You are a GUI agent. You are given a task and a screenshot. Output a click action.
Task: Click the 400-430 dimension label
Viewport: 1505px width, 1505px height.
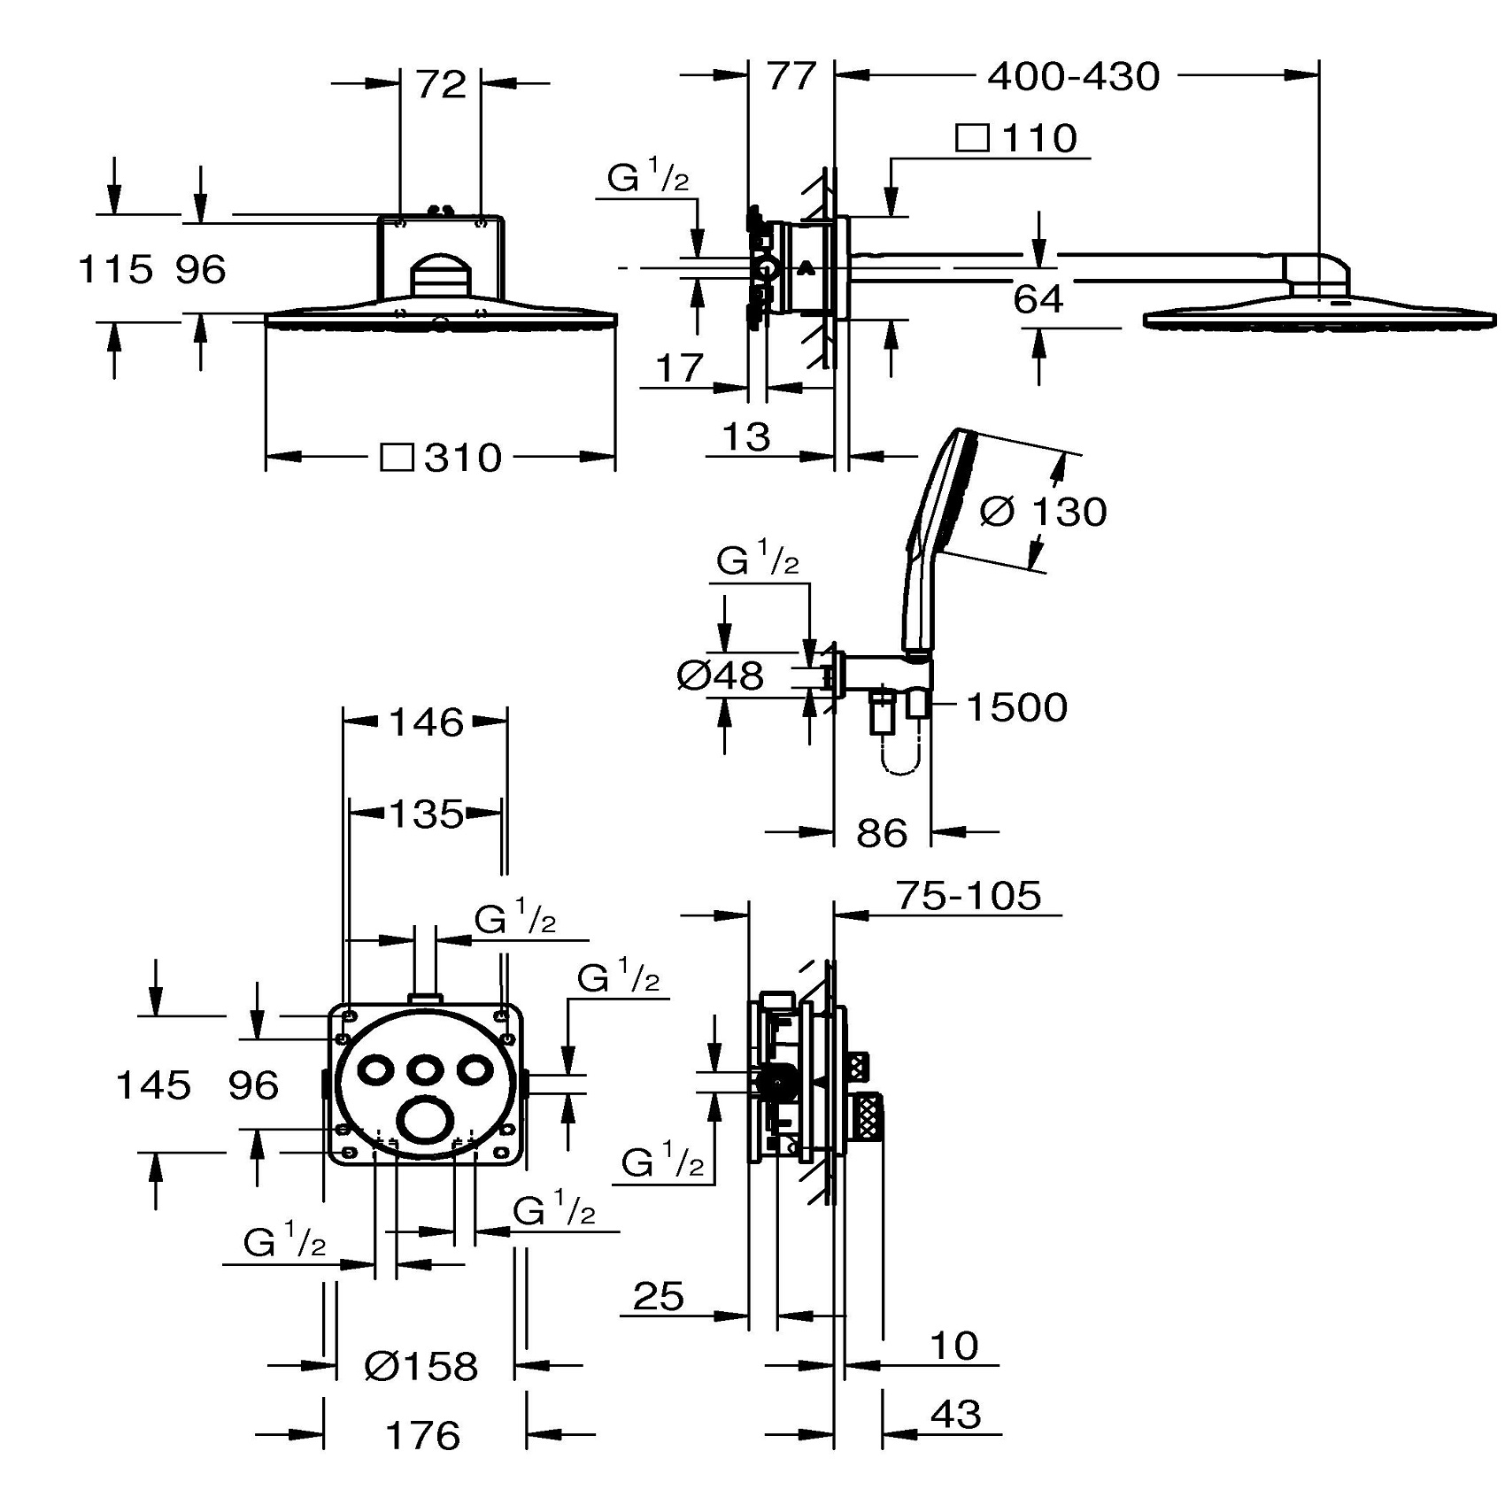(x=1073, y=77)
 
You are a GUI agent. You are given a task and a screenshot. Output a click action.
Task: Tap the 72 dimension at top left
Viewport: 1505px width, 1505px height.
(x=441, y=84)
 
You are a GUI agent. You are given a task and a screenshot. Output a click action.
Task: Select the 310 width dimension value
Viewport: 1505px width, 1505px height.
(x=463, y=458)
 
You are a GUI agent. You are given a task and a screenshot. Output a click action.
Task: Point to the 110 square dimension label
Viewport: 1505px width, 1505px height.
(x=1038, y=138)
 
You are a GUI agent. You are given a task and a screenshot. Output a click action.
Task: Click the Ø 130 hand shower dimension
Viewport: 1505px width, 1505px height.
(x=1044, y=512)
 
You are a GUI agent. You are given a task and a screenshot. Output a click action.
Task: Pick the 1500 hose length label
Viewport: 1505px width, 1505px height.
(x=1016, y=707)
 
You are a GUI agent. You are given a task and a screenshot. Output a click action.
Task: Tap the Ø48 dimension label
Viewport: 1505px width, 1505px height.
(x=720, y=676)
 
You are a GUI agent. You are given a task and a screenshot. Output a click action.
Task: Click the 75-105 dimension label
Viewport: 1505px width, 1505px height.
(x=969, y=896)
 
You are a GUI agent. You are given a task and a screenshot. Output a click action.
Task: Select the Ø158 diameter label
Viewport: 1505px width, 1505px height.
(x=421, y=1366)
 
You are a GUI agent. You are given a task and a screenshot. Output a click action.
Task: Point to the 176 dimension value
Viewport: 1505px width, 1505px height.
(x=423, y=1435)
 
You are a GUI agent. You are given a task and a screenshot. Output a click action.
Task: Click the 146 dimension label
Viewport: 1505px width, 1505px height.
(x=427, y=722)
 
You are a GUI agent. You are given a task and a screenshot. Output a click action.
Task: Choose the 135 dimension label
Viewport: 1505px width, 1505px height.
(x=427, y=814)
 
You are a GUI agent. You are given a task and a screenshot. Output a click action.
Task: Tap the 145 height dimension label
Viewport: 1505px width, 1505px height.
(x=153, y=1084)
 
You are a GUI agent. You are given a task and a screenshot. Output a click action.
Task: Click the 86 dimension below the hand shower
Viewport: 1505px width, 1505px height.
(x=882, y=833)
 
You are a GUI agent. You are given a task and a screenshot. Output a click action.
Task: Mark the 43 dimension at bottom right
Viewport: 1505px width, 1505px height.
(x=956, y=1415)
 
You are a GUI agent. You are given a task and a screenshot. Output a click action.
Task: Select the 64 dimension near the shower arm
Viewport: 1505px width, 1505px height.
(x=1038, y=299)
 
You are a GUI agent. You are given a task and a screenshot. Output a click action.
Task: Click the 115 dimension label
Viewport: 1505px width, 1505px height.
(x=115, y=269)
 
